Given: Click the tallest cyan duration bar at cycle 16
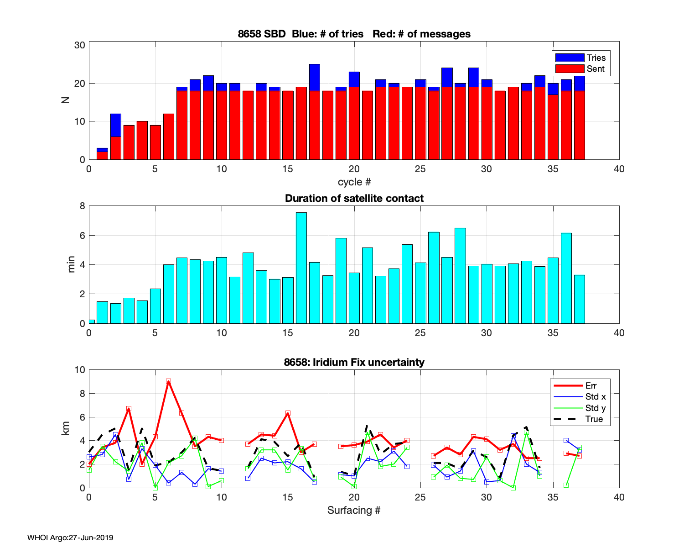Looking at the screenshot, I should tap(301, 268).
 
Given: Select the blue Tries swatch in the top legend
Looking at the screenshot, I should tap(570, 58).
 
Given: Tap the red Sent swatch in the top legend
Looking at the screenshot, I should tap(570, 69).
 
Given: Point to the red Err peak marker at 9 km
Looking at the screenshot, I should tap(168, 381).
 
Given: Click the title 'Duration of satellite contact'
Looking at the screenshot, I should tap(354, 198).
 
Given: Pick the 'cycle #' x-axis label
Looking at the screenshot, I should tap(354, 182).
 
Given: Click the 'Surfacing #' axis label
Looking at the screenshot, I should tap(354, 510).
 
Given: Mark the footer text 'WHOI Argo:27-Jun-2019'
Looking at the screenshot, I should tap(70, 537).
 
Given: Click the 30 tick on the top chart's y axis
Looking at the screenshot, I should tap(80, 45).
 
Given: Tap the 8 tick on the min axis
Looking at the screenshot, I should tap(82, 206).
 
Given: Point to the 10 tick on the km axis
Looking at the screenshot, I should tap(80, 370).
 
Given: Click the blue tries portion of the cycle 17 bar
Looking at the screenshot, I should tap(314, 78).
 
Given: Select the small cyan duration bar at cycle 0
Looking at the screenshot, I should tap(92, 321).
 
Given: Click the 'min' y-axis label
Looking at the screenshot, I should tap(71, 264).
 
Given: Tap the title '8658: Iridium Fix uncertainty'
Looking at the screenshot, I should tap(354, 362).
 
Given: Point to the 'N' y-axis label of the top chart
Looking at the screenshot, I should tap(66, 99).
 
